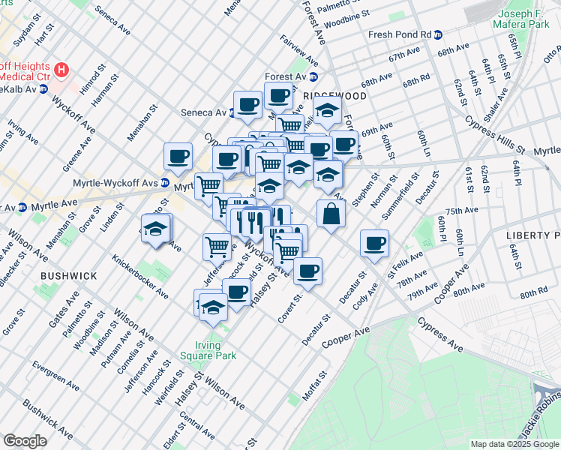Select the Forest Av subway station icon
tap(313, 76)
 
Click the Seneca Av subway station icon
tap(233, 112)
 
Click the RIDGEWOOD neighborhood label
tap(335, 97)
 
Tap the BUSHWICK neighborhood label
tap(68, 276)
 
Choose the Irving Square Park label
tap(202, 350)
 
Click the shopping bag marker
tap(331, 214)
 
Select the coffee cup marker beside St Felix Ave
tap(374, 243)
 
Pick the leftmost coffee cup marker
tap(178, 156)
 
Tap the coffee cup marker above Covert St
tap(307, 271)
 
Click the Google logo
tap(25, 441)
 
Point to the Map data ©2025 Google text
tap(514, 444)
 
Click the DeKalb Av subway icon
tap(43, 88)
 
